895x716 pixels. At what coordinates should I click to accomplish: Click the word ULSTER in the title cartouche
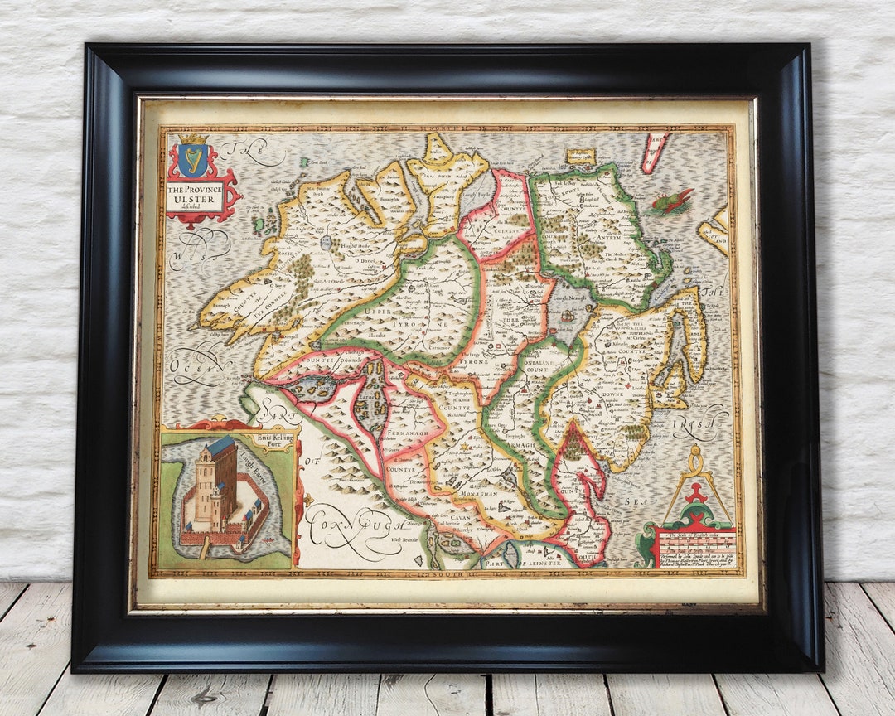click(195, 200)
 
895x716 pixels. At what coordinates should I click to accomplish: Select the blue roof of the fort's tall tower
click(221, 446)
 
